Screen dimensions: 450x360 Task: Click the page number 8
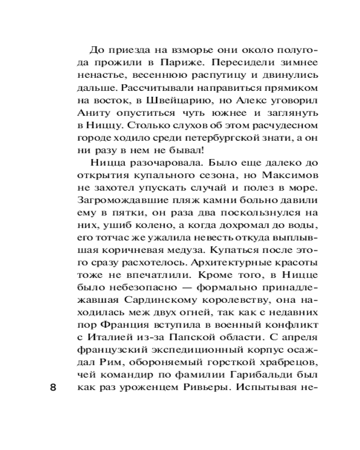click(53, 388)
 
